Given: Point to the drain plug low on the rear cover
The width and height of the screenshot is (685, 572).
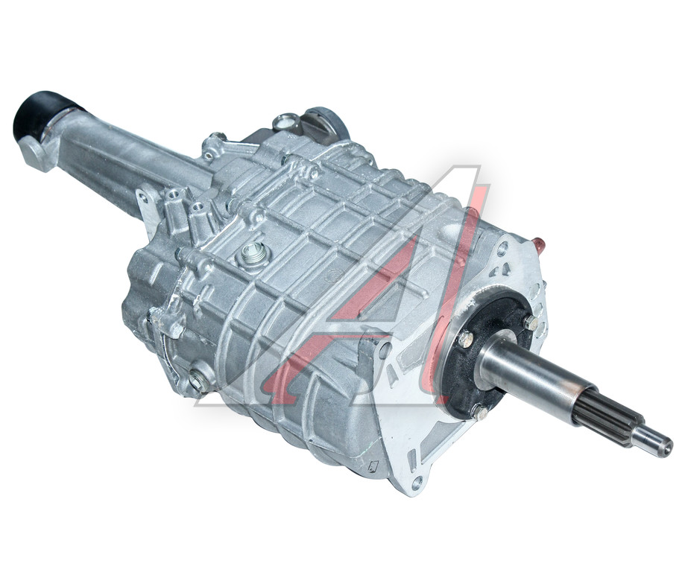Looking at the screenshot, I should pyautogui.click(x=198, y=380).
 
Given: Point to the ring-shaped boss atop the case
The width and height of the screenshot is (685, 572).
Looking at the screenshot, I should pyautogui.click(x=285, y=121).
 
